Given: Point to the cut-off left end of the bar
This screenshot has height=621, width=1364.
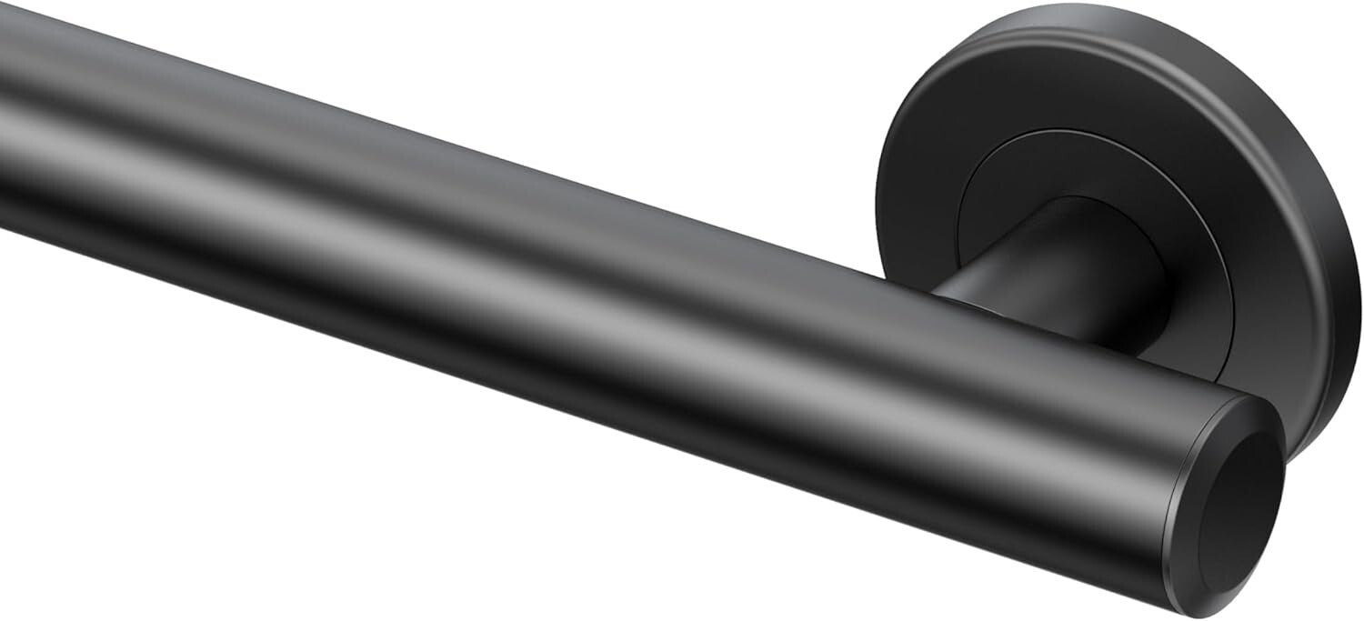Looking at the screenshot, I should pos(7,118).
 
